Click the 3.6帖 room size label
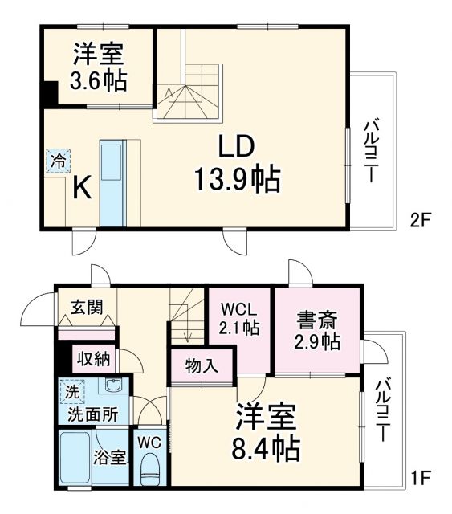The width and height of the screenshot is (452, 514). [x=99, y=80]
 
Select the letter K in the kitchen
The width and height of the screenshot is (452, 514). [x=82, y=187]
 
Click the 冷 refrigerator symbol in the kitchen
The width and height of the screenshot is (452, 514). [x=57, y=161]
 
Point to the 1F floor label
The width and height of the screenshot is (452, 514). [x=420, y=479]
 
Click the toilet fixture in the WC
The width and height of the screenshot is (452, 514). [x=150, y=467]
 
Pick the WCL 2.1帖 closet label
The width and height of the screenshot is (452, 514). [x=240, y=318]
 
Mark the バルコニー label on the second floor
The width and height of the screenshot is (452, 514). [x=371, y=153]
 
